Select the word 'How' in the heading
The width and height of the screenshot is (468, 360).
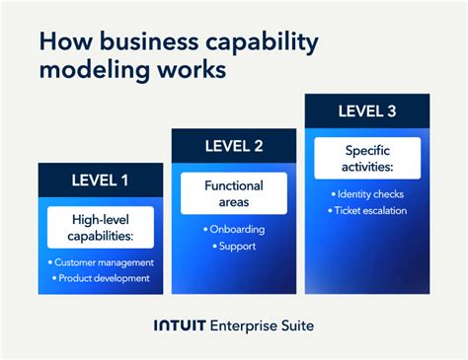click(62, 42)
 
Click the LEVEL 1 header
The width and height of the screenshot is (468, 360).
click(100, 180)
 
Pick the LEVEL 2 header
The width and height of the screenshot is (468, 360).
click(234, 146)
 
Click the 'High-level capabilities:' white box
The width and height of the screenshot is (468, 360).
click(101, 227)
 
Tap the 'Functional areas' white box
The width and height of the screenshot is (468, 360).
click(234, 193)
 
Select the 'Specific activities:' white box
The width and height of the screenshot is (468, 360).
click(367, 158)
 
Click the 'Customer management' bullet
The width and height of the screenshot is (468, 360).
click(103, 262)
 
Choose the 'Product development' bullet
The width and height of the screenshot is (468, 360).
click(103, 278)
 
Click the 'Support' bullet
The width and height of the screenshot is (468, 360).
click(236, 245)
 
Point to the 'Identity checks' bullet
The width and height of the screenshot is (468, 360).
click(369, 194)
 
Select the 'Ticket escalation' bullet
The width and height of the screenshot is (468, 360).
click(369, 210)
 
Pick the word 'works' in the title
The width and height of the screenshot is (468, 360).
click(194, 73)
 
